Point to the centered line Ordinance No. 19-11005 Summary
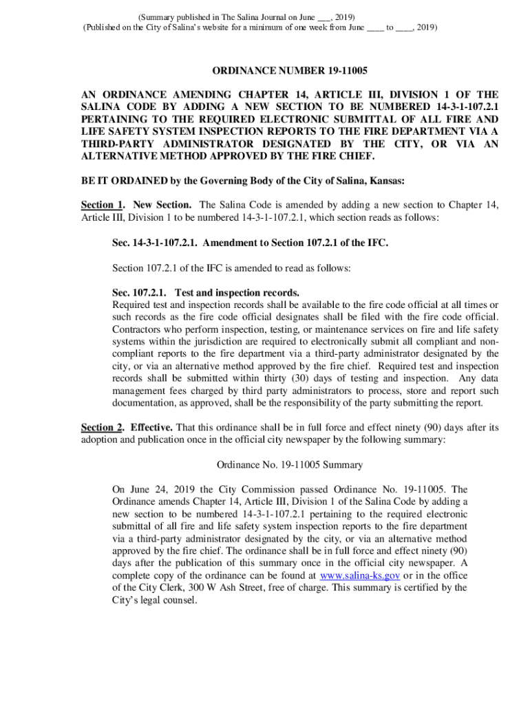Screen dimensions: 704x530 [289, 465]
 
